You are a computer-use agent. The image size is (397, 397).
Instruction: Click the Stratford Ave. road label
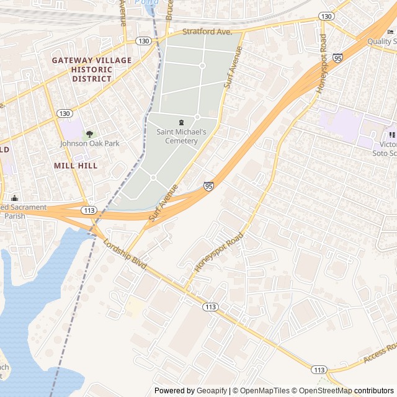207,30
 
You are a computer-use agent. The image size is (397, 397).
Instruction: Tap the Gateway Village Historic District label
92,69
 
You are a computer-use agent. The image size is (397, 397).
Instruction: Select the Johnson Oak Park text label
89,143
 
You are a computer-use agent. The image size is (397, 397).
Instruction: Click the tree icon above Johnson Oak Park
89,133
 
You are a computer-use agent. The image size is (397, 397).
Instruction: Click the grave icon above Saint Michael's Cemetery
181,122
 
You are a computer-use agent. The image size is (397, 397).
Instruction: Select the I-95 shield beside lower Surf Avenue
209,185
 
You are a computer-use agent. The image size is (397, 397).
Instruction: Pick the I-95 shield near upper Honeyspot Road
337,58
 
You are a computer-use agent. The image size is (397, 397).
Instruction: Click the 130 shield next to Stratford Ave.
144,40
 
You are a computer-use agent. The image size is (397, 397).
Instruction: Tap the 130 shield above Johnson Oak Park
65,114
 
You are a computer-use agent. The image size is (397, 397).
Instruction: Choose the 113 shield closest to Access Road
319,370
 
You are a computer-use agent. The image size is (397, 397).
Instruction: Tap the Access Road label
380,354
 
